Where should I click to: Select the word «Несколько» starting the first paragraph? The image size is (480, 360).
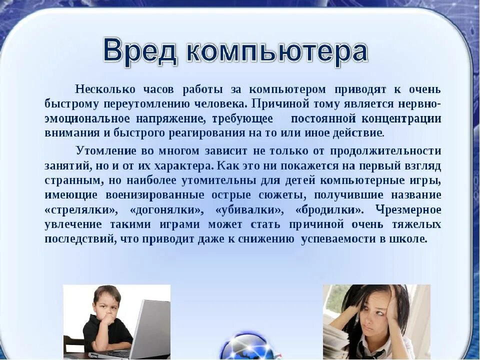tap(105, 89)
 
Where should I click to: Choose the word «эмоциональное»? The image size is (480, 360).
tap(85, 119)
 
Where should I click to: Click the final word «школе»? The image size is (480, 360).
tap(410, 238)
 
